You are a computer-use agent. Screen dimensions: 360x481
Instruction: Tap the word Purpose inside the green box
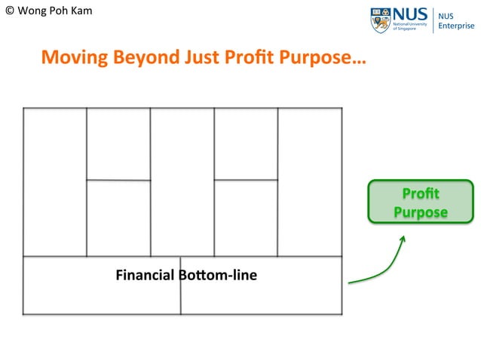(421, 212)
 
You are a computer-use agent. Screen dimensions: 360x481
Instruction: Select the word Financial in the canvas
(146, 275)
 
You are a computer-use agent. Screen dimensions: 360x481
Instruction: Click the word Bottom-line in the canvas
(218, 275)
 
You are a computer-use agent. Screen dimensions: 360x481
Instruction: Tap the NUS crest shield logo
(380, 20)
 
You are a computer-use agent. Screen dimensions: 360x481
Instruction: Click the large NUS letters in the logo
(410, 14)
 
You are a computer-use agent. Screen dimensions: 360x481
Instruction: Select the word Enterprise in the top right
(457, 26)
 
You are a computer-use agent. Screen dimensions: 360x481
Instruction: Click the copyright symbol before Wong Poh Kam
(9, 11)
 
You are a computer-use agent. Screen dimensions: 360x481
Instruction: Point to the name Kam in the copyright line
(81, 11)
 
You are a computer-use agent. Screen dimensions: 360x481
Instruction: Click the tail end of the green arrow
(350, 283)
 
